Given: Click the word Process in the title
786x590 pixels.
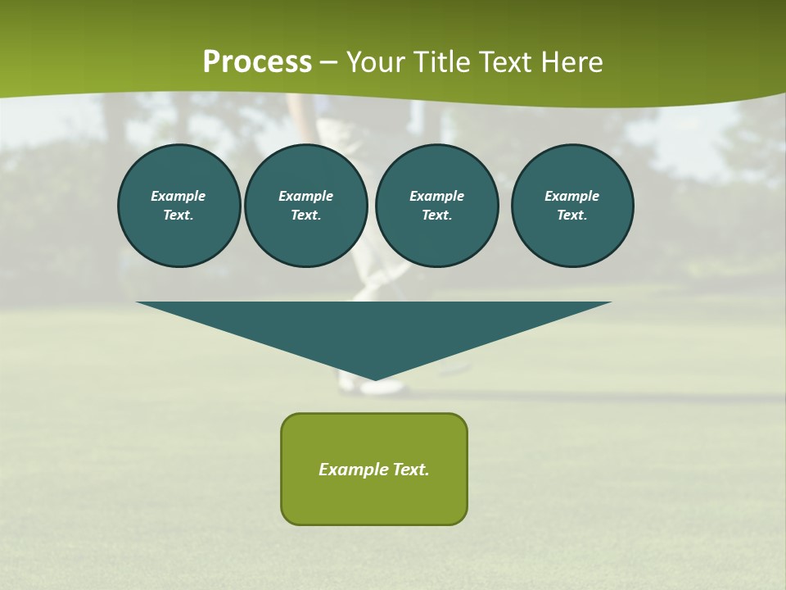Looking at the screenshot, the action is (x=257, y=62).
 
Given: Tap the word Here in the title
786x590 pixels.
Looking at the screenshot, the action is (x=571, y=62).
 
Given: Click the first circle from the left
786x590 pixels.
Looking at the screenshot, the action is (x=178, y=206).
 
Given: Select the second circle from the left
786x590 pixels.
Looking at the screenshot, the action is (x=305, y=206).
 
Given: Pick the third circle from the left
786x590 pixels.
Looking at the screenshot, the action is (x=436, y=206).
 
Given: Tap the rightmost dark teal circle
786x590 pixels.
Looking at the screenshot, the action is (x=571, y=206).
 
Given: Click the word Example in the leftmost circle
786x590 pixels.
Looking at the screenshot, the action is (x=178, y=196).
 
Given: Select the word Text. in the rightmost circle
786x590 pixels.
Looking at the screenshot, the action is (x=571, y=216).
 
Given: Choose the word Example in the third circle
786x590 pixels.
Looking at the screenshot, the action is (x=436, y=196).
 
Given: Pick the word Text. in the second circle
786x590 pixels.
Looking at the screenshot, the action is (x=305, y=216).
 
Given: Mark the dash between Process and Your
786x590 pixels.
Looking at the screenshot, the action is (x=328, y=62).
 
